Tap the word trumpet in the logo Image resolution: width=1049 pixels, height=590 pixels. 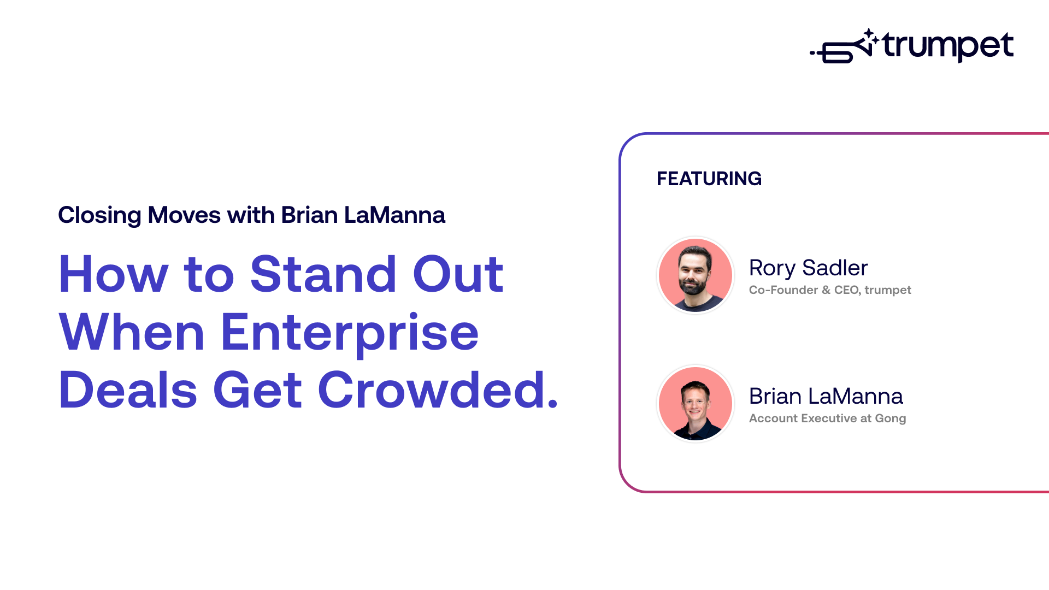[x=948, y=46]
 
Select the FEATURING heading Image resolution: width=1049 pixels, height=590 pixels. [x=709, y=179]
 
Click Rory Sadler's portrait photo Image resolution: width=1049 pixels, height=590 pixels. [x=695, y=275]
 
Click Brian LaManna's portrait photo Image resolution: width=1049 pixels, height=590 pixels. [x=695, y=404]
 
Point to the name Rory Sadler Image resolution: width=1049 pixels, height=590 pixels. [x=808, y=268]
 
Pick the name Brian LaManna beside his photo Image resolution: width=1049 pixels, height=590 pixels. [x=826, y=396]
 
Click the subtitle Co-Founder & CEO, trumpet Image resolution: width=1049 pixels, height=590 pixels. [x=829, y=290]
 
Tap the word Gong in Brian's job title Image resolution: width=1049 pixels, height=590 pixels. [x=890, y=418]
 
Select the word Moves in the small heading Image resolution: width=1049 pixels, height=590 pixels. [x=184, y=215]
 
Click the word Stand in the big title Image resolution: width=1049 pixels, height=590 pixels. [x=323, y=274]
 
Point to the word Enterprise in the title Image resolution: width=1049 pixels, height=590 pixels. [x=350, y=333]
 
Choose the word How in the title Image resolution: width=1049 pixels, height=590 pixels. [x=113, y=274]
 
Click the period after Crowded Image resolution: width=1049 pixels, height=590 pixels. [x=552, y=404]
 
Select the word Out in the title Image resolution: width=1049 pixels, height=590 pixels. [x=458, y=274]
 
